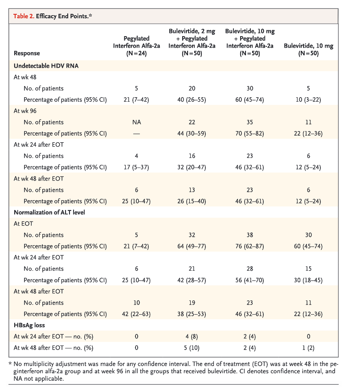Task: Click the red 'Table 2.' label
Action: point(24,16)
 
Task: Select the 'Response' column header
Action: point(27,53)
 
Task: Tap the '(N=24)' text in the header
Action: point(136,53)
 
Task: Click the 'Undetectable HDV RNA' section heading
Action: point(46,66)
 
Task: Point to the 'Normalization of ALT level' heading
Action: point(49,213)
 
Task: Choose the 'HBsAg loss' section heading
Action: point(29,325)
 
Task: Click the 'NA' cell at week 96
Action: point(136,122)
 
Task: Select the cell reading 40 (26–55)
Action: point(192,100)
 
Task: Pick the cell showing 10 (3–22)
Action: point(308,100)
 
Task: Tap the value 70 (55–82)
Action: point(250,134)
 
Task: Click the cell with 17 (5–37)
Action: point(136,167)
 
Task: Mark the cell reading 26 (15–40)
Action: point(192,201)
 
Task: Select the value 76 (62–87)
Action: point(250,247)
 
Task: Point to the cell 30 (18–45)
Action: point(308,280)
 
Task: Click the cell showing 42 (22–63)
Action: point(136,314)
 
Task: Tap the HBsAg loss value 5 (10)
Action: point(192,348)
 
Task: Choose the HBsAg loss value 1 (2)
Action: point(308,348)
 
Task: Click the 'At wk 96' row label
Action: point(25,111)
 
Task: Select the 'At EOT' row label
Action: point(23,224)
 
